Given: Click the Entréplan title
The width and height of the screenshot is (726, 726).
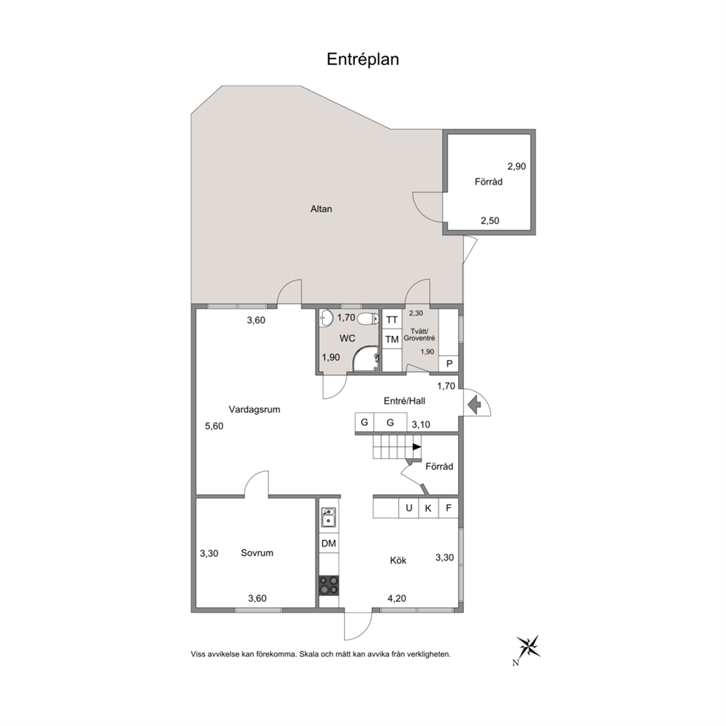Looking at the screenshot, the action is click(x=362, y=60).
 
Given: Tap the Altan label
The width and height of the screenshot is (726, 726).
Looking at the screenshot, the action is click(x=321, y=209).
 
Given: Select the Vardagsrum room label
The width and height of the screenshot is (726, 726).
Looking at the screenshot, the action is click(x=254, y=409).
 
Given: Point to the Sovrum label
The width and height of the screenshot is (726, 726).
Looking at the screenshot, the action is click(x=257, y=553).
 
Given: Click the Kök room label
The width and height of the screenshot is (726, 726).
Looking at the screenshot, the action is click(x=398, y=561).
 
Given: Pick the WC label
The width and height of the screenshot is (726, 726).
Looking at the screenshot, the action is click(x=347, y=338).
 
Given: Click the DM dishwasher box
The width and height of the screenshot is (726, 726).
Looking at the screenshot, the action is click(x=329, y=544).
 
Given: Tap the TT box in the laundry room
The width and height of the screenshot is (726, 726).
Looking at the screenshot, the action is click(x=392, y=320).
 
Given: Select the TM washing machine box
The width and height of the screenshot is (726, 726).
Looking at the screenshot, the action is click(x=392, y=340).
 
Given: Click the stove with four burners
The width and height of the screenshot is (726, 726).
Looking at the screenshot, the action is click(x=329, y=585).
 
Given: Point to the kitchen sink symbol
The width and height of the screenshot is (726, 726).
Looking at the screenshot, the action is click(x=329, y=517).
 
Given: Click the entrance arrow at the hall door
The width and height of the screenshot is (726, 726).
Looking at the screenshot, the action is click(x=474, y=405).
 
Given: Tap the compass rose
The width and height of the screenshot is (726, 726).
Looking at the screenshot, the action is click(x=528, y=646).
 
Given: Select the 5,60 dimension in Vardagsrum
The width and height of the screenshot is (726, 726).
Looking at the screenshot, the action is click(x=214, y=426).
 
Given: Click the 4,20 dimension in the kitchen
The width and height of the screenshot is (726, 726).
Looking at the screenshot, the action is click(x=397, y=598).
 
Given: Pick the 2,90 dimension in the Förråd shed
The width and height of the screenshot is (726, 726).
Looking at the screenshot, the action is click(x=517, y=166).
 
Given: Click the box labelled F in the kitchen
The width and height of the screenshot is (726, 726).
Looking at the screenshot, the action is click(x=449, y=508).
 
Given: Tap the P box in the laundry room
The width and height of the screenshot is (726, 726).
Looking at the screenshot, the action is click(x=449, y=364).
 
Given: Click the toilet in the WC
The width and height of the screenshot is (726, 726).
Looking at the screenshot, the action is click(x=369, y=319).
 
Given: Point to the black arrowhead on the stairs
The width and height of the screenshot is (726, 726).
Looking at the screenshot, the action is click(x=416, y=447).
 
